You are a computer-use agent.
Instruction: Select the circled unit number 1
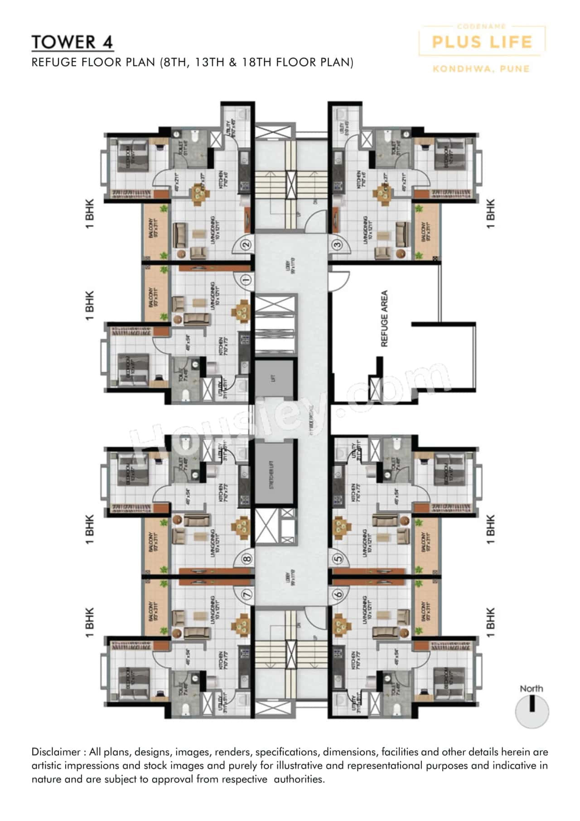(246, 279)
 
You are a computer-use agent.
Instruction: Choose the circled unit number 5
(337, 559)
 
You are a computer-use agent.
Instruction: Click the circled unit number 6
(337, 594)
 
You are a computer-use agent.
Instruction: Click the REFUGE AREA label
(384, 318)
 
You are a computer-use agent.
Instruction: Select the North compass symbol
(532, 711)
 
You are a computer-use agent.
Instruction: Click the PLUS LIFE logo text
(482, 42)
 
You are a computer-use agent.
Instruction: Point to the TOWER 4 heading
(72, 42)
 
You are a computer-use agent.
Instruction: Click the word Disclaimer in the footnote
(55, 752)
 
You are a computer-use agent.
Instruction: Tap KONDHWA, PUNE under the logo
(481, 69)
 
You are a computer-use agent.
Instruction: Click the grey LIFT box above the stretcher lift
(273, 377)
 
